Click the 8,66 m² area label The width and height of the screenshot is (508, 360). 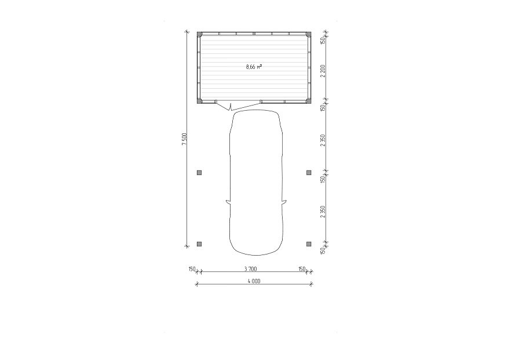(x=254, y=67)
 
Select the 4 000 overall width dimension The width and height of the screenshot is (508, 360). (x=254, y=281)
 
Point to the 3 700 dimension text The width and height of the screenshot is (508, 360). (x=250, y=268)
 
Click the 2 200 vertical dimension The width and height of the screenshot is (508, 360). (x=323, y=71)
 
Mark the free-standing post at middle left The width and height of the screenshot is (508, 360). (x=199, y=173)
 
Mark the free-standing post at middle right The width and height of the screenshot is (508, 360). (x=309, y=173)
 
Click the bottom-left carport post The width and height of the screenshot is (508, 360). (x=199, y=244)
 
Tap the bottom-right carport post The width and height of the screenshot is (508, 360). (x=309, y=244)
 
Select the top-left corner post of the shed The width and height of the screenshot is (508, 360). (x=199, y=34)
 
